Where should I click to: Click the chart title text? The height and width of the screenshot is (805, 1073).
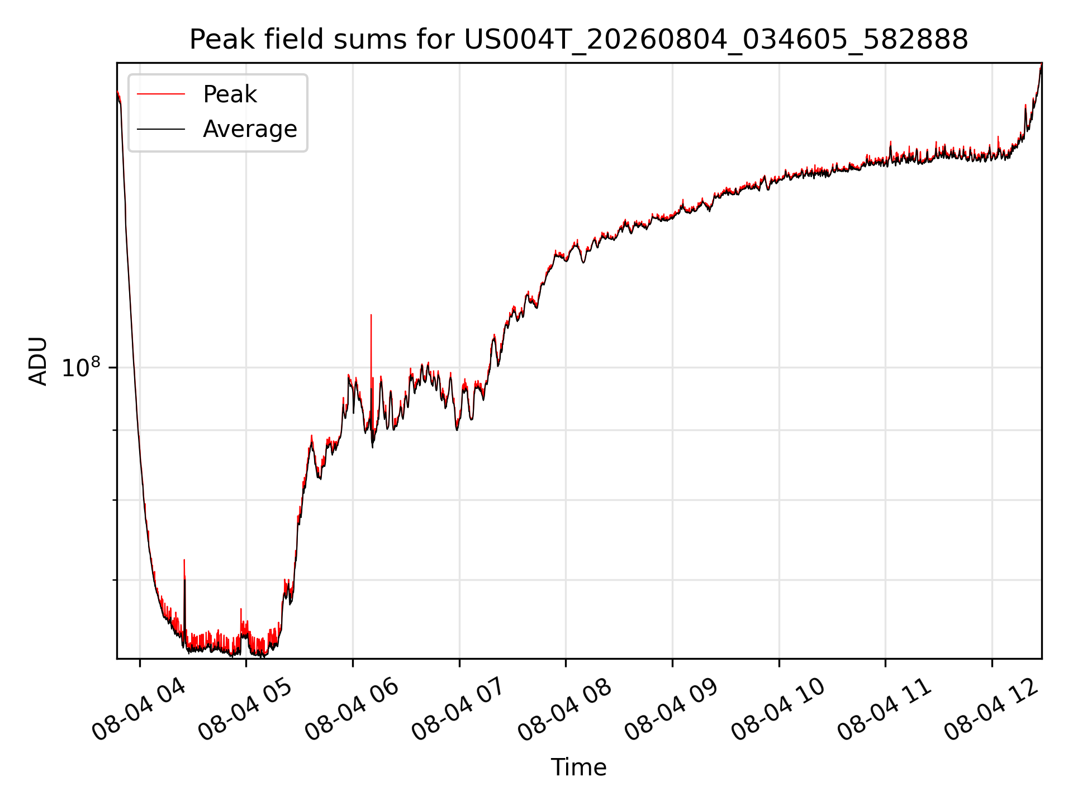tap(579, 40)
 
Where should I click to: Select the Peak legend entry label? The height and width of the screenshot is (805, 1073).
tap(230, 94)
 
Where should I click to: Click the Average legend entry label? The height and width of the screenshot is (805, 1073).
tap(250, 129)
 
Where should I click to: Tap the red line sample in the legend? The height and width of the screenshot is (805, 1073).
tap(161, 94)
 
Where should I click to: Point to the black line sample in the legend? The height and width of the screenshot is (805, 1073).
tap(161, 129)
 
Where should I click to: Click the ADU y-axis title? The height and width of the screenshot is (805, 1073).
tap(38, 361)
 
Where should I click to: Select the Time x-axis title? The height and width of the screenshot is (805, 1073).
tap(579, 767)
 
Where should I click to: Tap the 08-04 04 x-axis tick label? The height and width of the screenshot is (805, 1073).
tap(140, 710)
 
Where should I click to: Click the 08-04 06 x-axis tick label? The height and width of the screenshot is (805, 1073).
tap(353, 710)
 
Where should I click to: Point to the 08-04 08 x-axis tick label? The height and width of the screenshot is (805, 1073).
tap(566, 710)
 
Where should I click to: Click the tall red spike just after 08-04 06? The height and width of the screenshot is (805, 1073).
tap(371, 358)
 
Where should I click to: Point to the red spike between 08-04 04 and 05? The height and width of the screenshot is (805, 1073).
tap(184, 593)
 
